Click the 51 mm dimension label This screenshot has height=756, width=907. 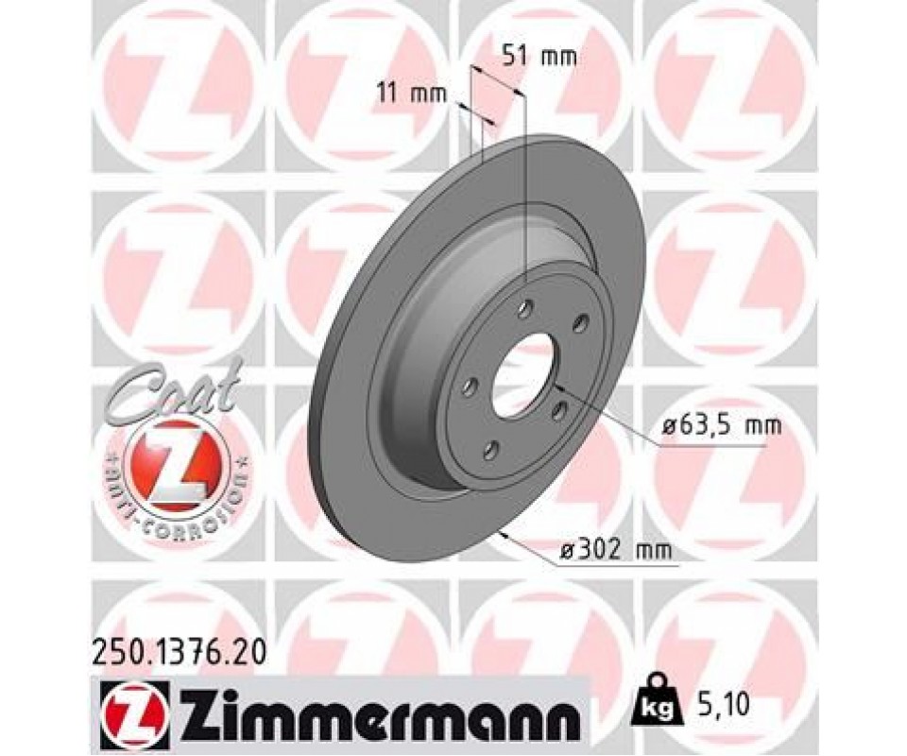(x=539, y=57)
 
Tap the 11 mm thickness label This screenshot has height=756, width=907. (x=412, y=93)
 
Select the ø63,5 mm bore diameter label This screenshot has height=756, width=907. (x=721, y=426)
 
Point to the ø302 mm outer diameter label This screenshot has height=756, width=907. (x=616, y=549)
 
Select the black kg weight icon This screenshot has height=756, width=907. (x=656, y=701)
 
